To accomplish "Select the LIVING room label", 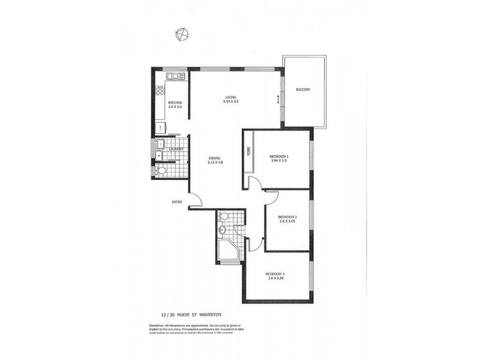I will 231,100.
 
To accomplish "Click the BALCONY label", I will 303,90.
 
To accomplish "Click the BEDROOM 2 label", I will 288,219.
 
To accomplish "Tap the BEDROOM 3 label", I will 275,277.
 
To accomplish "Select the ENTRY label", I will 176,202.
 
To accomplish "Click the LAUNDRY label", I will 176,149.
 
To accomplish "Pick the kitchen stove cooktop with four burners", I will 160,91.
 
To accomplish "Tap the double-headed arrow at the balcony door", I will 278,99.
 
